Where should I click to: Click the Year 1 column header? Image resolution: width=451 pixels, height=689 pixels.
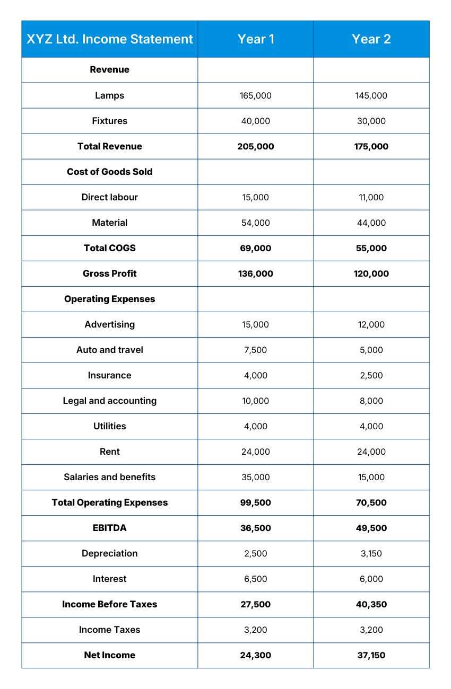click(x=256, y=39)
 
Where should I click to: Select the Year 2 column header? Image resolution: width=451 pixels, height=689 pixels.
click(x=371, y=39)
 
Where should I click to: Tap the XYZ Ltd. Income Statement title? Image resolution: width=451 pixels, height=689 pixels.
click(x=110, y=39)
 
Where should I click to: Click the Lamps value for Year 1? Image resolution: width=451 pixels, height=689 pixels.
click(x=256, y=95)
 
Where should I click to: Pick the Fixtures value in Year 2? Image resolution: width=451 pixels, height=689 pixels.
click(x=371, y=121)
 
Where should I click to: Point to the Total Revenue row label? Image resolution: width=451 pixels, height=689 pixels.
click(x=110, y=146)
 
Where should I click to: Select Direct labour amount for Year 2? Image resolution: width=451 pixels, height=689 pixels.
click(x=371, y=197)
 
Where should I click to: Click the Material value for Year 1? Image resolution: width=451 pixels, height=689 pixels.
click(x=256, y=223)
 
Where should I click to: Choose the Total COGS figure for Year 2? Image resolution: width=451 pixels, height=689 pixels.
click(x=371, y=248)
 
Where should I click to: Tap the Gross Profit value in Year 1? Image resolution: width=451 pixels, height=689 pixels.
click(x=256, y=273)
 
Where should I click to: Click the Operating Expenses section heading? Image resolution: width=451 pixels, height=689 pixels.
click(x=110, y=299)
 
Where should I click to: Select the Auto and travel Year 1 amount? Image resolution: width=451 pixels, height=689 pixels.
click(x=256, y=350)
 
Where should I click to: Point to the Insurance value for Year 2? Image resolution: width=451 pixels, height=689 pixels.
click(x=371, y=375)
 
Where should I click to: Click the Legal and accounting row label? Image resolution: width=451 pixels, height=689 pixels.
click(x=110, y=401)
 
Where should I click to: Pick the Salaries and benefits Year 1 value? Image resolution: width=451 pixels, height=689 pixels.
click(x=256, y=477)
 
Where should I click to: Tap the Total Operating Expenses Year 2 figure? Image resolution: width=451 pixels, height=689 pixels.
click(x=371, y=502)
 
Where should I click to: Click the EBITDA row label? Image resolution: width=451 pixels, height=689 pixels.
click(x=110, y=528)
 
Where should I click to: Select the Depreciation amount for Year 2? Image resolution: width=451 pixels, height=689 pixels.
click(x=371, y=553)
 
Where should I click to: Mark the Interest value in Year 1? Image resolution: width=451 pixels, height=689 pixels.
click(x=256, y=579)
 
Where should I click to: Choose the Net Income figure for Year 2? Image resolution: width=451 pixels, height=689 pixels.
click(x=371, y=655)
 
